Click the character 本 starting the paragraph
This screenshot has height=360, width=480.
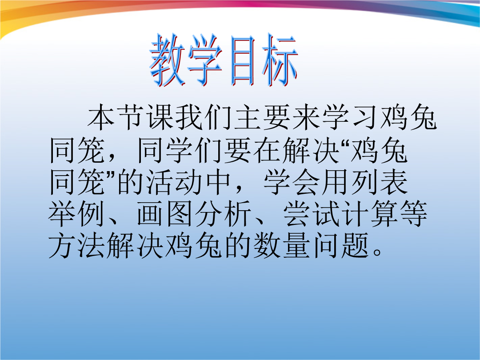[x=101, y=117]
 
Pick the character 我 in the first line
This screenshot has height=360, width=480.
[x=189, y=117]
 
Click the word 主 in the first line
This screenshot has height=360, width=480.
[x=248, y=117]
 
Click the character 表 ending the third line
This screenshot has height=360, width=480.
[x=394, y=183]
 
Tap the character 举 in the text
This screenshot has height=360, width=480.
[x=61, y=214]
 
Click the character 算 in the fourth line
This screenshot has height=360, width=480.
[x=384, y=214]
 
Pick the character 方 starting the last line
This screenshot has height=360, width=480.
[x=61, y=245]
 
